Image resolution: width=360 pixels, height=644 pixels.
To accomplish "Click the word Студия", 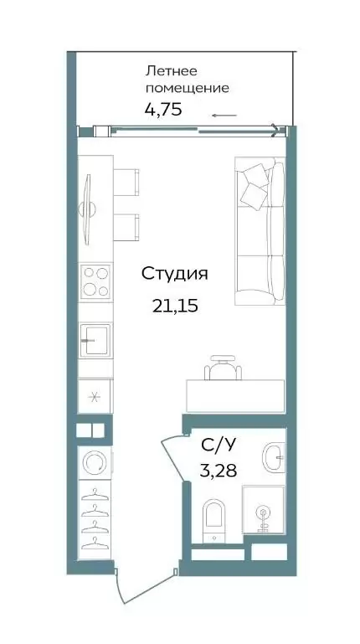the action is point(174,275).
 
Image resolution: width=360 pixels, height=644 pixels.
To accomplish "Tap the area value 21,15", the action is point(175,306).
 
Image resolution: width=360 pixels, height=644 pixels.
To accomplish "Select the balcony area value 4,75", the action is point(163,109).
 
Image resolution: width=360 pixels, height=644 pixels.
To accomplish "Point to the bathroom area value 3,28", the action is point(218,471).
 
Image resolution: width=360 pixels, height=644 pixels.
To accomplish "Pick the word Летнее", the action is point(171,71).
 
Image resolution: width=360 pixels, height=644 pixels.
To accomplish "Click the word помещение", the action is point(188,89).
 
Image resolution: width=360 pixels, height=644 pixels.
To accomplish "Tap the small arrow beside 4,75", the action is point(224,116).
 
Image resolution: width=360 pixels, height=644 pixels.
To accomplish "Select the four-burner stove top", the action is point(96,281).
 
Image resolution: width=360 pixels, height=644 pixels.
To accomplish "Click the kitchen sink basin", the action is point(95,340).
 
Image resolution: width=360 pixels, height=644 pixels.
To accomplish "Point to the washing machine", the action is point(95,462).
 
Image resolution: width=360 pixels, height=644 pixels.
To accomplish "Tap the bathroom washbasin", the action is point(272,456).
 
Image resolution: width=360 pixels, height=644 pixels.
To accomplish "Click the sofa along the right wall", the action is point(260,231).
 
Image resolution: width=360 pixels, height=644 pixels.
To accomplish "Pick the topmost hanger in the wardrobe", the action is point(95,494).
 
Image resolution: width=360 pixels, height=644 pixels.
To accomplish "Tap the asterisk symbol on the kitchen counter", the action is point(95,397).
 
